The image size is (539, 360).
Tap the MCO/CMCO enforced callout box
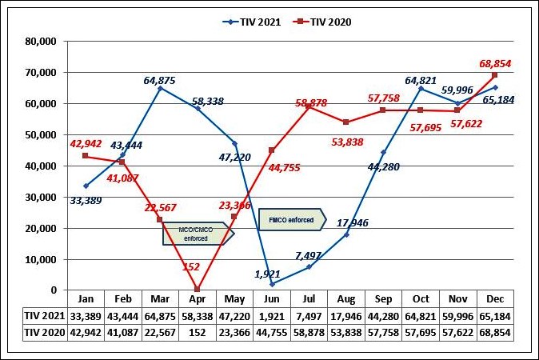tap(195, 233)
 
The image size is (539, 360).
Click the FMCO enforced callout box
tap(292, 218)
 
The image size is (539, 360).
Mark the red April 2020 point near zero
tap(198, 290)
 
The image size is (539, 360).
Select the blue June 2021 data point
tap(273, 284)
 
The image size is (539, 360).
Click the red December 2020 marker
tap(494, 75)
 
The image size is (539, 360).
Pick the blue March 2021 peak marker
tap(160, 88)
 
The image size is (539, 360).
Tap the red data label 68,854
tap(495, 63)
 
